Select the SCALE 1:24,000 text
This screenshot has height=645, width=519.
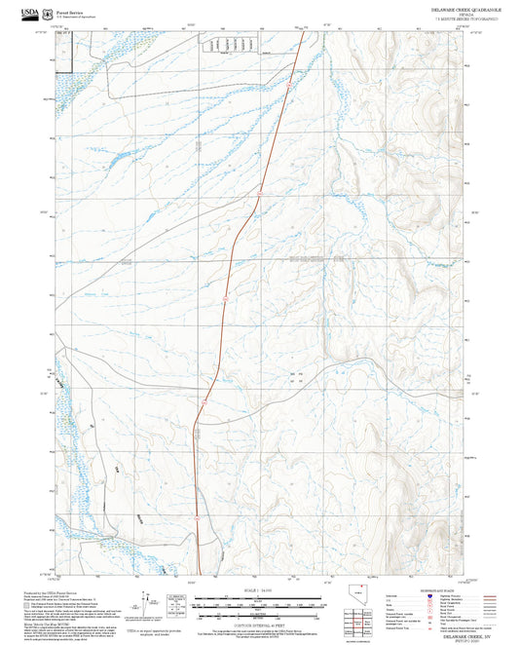pos(259,590)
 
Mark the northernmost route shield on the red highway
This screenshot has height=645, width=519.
pos(289,87)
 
